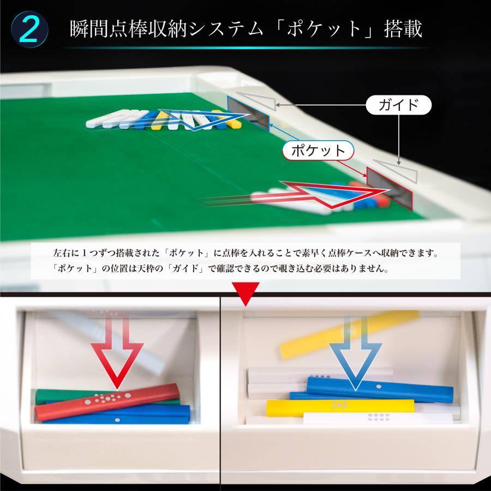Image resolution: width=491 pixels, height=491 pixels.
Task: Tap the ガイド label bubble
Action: tap(398, 105)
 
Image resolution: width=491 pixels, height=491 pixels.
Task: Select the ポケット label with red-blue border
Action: tap(318, 151)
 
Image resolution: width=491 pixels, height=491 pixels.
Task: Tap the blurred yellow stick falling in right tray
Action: tap(349, 333)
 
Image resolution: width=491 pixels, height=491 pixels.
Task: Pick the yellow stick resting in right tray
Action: tap(338, 408)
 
